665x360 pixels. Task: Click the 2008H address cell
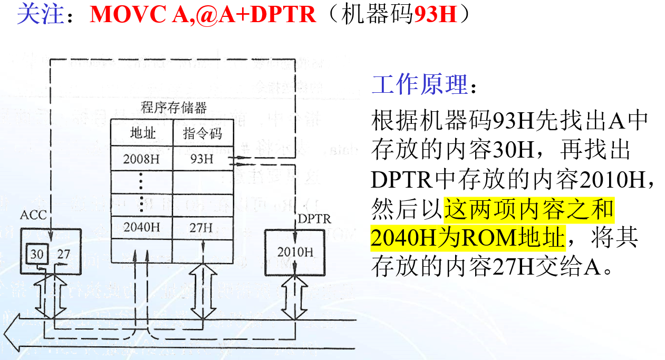coord(142,158)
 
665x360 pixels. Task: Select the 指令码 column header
coord(203,133)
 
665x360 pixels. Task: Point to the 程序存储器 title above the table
coord(174,108)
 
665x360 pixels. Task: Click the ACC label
coord(33,215)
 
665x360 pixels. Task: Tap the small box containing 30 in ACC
coord(36,254)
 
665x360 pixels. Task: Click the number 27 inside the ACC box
coord(63,254)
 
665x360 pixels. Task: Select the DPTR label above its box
coord(315,218)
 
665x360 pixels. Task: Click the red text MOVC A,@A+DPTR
coord(203,15)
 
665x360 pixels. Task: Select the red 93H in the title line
coord(435,15)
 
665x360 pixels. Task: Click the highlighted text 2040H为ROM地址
coord(467,238)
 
